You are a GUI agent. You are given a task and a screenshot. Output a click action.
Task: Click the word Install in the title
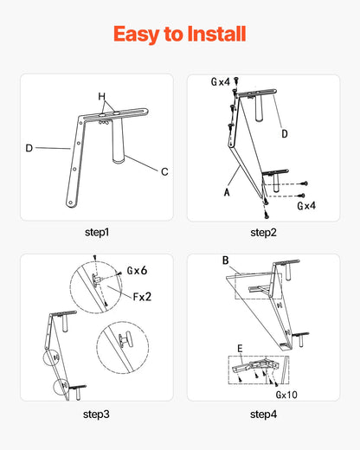[x=216, y=34]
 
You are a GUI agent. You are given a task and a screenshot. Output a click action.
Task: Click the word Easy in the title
[x=137, y=35]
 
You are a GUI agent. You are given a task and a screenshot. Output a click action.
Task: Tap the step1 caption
[x=97, y=233]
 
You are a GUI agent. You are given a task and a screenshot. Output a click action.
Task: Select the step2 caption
[x=263, y=233]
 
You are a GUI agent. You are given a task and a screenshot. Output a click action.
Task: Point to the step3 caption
[x=96, y=415]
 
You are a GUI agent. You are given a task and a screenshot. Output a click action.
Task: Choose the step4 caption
[x=263, y=415]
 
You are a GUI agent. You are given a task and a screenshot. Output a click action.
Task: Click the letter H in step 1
[x=102, y=96]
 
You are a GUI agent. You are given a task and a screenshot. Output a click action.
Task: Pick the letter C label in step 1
[x=164, y=171]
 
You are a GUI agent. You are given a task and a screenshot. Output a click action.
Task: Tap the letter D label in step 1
[x=29, y=148]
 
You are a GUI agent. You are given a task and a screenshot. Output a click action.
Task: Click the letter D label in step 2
[x=285, y=133]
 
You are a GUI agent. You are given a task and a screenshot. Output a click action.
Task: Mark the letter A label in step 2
[x=227, y=192]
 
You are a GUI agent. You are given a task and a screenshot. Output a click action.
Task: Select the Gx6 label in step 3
[x=137, y=271]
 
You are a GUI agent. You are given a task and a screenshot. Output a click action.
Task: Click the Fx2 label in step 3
[x=142, y=297]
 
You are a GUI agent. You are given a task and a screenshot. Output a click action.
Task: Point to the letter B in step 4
[x=226, y=260]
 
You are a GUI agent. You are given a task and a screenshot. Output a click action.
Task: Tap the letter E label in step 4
[x=240, y=349]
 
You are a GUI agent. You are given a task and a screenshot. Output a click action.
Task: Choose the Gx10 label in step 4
[x=286, y=395]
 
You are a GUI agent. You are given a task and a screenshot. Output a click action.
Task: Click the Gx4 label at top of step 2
[x=221, y=81]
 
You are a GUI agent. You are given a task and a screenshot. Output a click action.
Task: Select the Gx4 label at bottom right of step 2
[x=306, y=206]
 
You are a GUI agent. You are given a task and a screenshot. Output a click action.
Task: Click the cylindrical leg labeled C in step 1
[x=118, y=140]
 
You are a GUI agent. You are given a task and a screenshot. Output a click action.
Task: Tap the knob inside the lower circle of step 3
[x=125, y=340]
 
